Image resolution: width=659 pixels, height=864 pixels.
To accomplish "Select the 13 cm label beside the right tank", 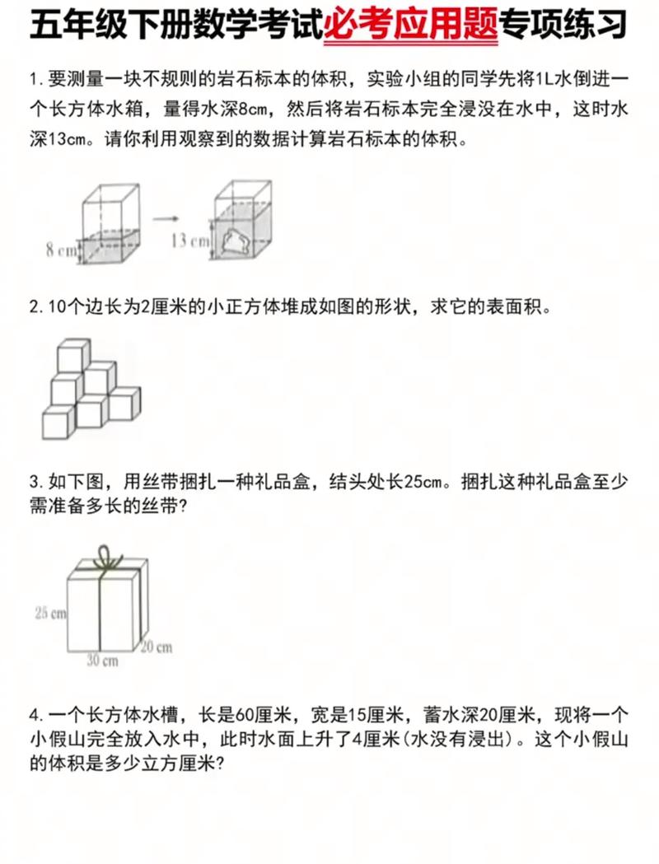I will click(x=190, y=241).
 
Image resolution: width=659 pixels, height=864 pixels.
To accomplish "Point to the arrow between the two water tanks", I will click(x=167, y=218).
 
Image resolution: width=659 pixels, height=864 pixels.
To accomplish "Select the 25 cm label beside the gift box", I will click(x=50, y=612).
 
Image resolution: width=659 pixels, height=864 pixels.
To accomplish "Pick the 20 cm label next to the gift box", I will click(x=156, y=647).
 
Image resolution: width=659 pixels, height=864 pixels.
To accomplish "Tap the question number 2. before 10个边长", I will click(x=36, y=307).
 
